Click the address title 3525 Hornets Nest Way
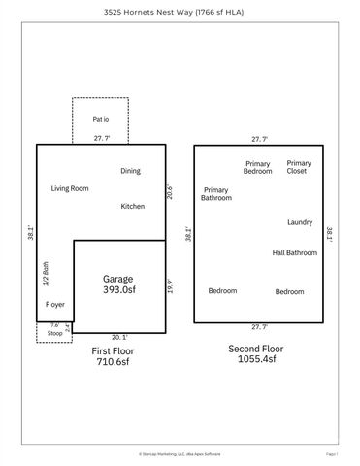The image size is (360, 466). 180,13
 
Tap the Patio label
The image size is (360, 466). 101,119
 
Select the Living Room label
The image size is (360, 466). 70,188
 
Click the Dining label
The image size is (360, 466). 130,171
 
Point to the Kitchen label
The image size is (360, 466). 133,206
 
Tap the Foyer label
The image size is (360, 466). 56,304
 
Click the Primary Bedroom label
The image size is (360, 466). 258,167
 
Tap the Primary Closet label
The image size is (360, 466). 299,167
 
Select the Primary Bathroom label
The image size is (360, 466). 216,193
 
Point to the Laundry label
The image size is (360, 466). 300,222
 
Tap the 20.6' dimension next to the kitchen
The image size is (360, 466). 169,192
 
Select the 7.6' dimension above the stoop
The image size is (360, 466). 54,325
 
